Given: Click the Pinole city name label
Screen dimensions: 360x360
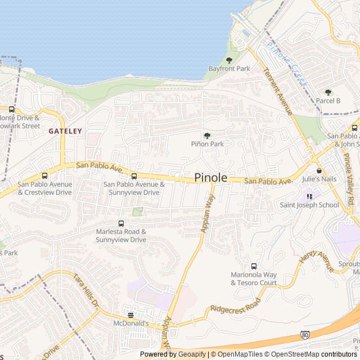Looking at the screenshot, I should (x=211, y=178).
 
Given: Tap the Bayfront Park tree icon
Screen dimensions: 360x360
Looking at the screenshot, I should (x=229, y=60).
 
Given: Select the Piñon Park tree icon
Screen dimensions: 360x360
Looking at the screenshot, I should (x=207, y=136).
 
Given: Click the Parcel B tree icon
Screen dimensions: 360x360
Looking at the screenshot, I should (x=328, y=92).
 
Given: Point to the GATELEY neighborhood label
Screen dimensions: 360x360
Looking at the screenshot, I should (x=65, y=131).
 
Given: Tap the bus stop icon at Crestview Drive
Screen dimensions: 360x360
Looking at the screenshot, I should (x=44, y=176).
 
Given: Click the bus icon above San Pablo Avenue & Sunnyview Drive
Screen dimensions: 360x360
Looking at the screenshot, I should (x=134, y=176).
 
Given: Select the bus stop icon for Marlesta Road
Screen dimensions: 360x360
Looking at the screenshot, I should (x=120, y=223).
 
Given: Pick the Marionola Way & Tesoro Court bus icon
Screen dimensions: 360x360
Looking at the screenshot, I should (x=254, y=266).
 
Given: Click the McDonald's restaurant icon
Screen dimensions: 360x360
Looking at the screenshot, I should (x=131, y=315).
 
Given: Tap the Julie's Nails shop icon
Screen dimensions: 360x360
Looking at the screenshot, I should (x=319, y=171).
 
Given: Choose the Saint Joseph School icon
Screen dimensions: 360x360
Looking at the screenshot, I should (x=309, y=196).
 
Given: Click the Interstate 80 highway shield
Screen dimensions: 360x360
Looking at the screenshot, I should (x=304, y=335).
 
